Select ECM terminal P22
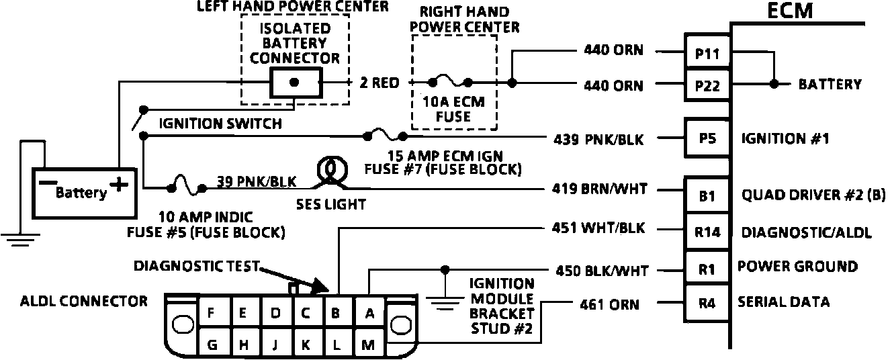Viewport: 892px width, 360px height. click(707, 85)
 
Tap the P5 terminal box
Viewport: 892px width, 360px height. click(707, 138)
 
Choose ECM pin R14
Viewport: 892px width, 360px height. click(707, 231)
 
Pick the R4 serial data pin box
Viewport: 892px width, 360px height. click(707, 303)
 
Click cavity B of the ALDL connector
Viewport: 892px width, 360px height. click(335, 313)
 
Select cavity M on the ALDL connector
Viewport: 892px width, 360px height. click(369, 344)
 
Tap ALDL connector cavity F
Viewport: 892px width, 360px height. click(211, 312)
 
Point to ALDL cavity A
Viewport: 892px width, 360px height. click(369, 313)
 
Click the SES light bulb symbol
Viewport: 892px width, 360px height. click(332, 171)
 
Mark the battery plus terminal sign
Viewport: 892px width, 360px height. click(119, 184)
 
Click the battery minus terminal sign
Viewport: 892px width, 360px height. click(48, 183)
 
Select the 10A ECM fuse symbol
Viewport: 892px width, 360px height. click(450, 82)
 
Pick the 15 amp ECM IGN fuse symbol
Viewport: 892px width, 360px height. click(385, 136)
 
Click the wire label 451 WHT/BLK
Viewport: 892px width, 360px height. click(598, 228)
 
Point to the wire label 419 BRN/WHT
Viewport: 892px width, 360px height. click(599, 188)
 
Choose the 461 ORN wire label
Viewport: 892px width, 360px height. click(609, 305)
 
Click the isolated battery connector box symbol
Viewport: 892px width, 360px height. click(296, 83)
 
